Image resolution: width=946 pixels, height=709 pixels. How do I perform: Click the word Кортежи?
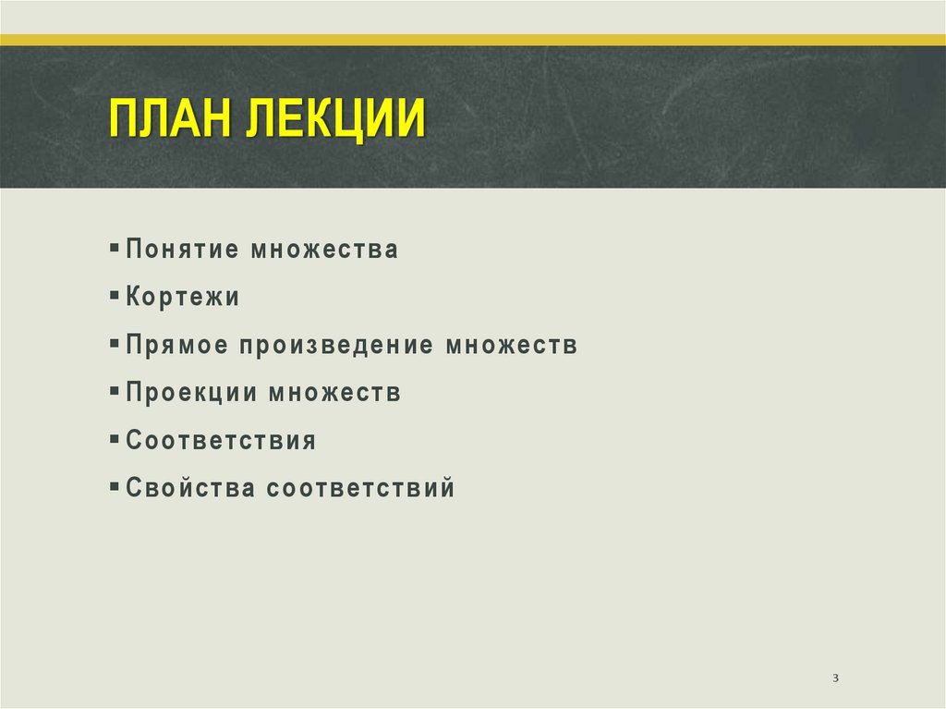pyautogui.click(x=183, y=298)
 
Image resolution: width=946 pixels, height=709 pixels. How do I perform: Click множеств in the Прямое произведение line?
pyautogui.click(x=513, y=346)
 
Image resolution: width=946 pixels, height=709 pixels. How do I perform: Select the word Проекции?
pyautogui.click(x=191, y=394)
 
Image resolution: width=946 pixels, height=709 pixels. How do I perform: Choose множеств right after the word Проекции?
pyautogui.click(x=335, y=394)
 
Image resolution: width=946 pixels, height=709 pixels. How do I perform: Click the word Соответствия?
pyautogui.click(x=222, y=441)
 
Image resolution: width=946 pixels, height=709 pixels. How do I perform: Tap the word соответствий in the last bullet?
pyautogui.click(x=361, y=488)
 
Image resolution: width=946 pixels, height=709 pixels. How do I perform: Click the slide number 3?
pyautogui.click(x=835, y=679)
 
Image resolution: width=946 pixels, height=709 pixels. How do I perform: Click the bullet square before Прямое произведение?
pyautogui.click(x=113, y=344)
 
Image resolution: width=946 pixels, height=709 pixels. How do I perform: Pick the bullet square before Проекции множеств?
pyautogui.click(x=113, y=392)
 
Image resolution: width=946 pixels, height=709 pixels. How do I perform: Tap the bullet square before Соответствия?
pyautogui.click(x=113, y=439)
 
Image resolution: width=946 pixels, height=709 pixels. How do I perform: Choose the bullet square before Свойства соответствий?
pyautogui.click(x=113, y=486)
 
